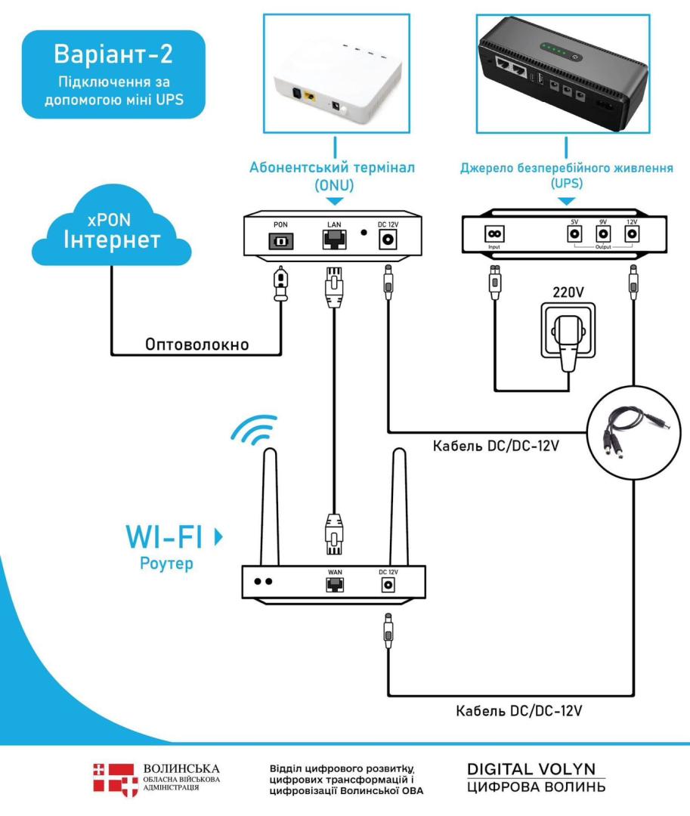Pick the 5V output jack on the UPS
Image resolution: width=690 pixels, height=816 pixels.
574,234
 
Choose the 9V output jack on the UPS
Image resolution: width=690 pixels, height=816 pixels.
602,234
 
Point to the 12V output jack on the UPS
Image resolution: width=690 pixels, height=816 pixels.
631,234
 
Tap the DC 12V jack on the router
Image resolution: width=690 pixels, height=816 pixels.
389,585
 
